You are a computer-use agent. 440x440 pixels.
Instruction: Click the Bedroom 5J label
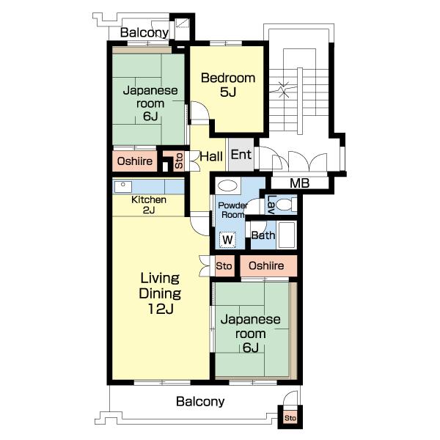tap(228, 85)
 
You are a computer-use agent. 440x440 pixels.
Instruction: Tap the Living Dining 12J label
tap(160, 293)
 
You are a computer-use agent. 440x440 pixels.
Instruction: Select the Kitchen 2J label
tap(149, 205)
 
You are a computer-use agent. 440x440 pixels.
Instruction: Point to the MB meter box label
tap(299, 183)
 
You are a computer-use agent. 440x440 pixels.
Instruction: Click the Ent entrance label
tap(241, 155)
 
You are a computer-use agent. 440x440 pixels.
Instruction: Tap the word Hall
tap(211, 156)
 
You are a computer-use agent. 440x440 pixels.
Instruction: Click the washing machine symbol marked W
tap(227, 240)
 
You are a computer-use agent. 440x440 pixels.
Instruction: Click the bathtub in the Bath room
tap(287, 235)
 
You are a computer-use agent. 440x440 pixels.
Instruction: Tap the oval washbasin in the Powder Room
tap(227, 186)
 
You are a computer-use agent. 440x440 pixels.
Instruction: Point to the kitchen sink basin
tap(122, 187)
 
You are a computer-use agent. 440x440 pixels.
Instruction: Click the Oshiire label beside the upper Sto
tap(135, 161)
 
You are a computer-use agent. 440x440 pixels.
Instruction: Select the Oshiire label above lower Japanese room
tap(266, 265)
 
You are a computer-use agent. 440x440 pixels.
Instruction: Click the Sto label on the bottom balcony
tap(290, 418)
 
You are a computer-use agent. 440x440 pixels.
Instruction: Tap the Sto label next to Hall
tap(179, 161)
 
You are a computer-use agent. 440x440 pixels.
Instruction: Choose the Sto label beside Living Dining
tap(224, 265)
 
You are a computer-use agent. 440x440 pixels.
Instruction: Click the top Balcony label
tap(144, 33)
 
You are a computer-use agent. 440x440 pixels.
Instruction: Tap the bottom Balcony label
tap(200, 402)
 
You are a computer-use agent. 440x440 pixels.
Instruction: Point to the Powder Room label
tap(232, 210)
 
